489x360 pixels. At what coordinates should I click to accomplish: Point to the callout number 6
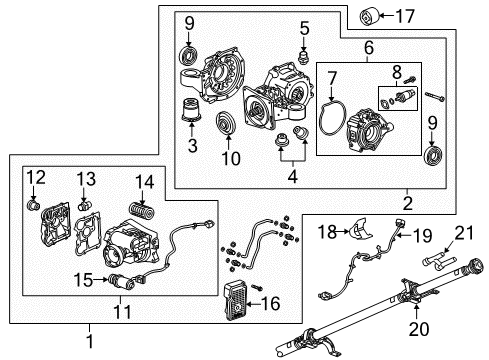[x=368, y=47]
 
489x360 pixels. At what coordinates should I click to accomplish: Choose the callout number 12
[x=36, y=178]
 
